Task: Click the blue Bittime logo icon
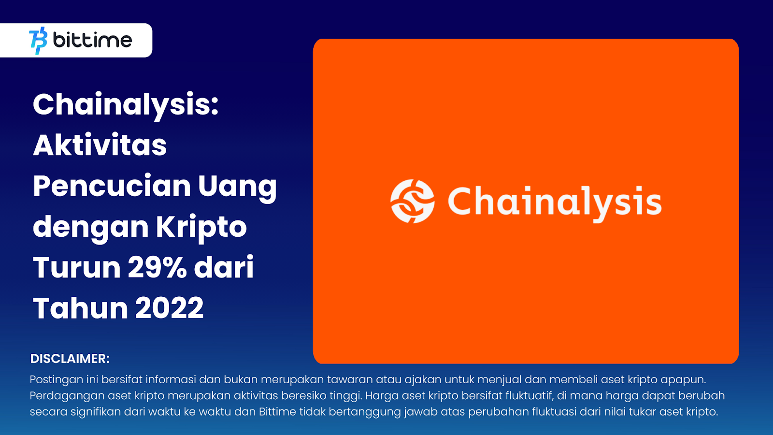pyautogui.click(x=38, y=41)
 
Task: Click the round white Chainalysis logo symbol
pyautogui.click(x=413, y=201)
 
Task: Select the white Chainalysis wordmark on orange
pyautogui.click(x=555, y=203)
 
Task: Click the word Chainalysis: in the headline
pyautogui.click(x=126, y=105)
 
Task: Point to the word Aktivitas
pyautogui.click(x=100, y=145)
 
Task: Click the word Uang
pyautogui.click(x=237, y=188)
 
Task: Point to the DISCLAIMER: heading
pyautogui.click(x=70, y=359)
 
